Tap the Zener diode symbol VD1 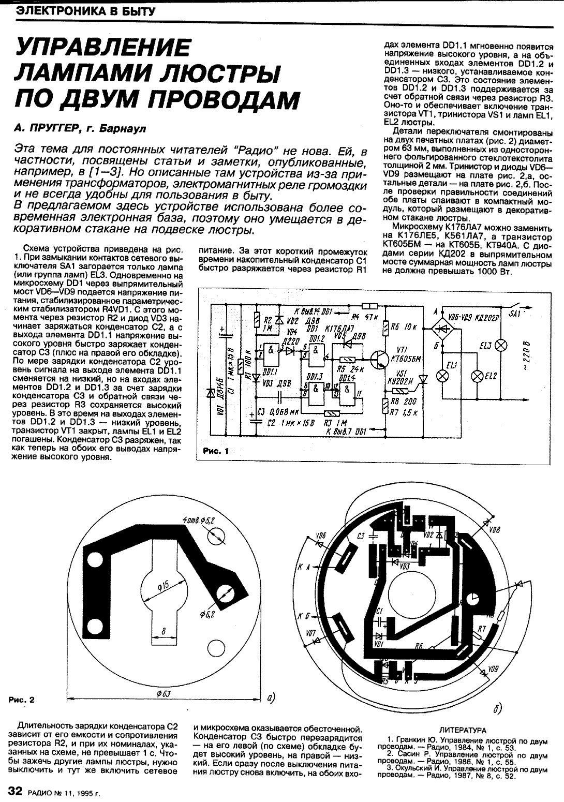(211, 394)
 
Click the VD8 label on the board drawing (494, 530)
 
